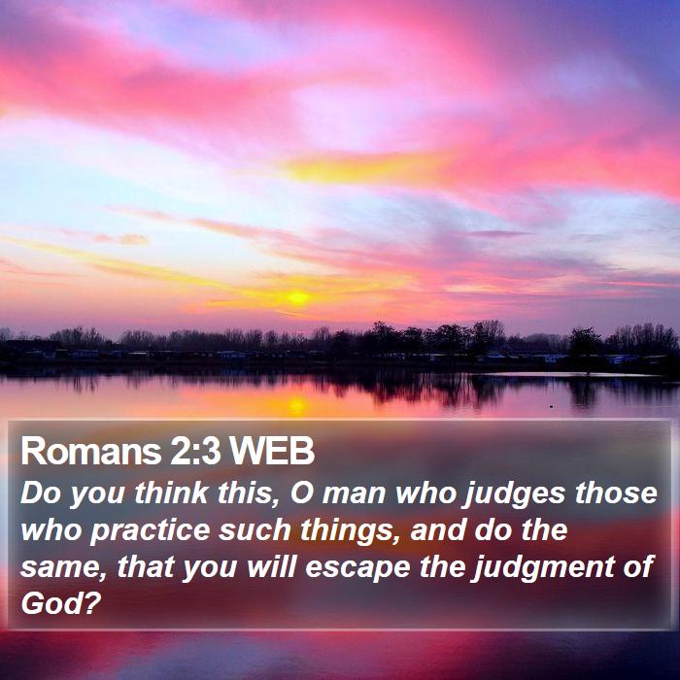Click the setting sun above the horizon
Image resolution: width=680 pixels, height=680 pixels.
coord(297,297)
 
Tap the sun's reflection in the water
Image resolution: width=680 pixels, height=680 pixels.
coord(297,405)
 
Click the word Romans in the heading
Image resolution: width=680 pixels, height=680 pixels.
coord(91,451)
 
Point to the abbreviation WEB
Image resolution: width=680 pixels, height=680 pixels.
coord(271,451)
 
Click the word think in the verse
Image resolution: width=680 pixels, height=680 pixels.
coord(171,493)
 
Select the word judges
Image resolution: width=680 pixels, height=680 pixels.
coord(515,495)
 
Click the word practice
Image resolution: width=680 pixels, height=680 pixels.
coord(150,531)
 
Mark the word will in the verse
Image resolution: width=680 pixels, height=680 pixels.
coord(271,566)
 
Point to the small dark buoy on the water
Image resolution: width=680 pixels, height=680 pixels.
coord(551,407)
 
